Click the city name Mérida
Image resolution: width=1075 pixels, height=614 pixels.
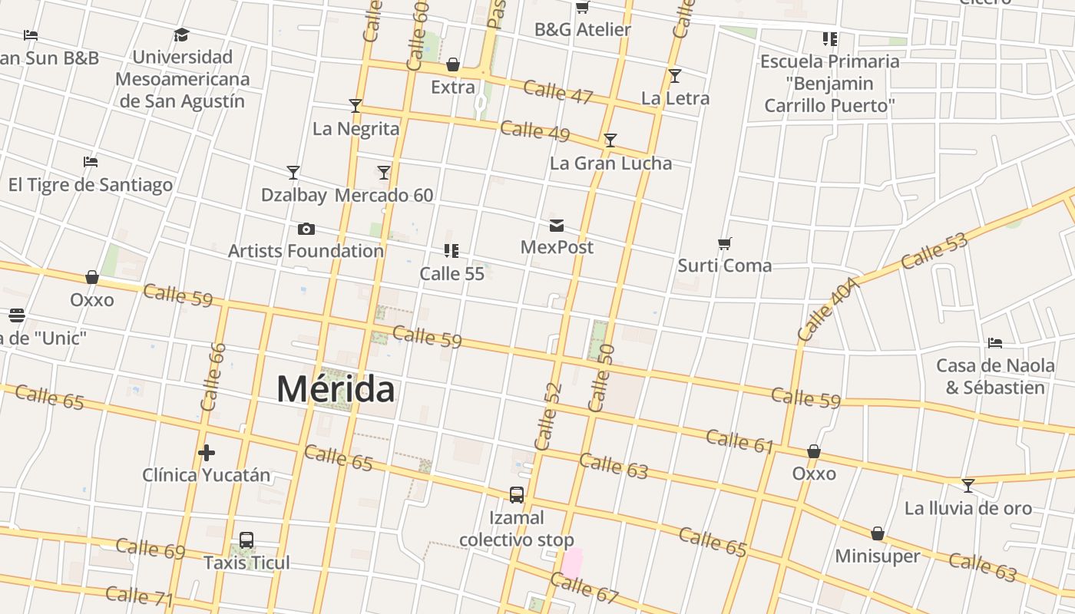click(x=336, y=389)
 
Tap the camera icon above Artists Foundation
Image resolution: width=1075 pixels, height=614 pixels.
click(x=306, y=229)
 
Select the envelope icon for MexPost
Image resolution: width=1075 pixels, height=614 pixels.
click(x=557, y=225)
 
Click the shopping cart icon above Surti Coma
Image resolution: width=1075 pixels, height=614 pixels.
click(x=725, y=243)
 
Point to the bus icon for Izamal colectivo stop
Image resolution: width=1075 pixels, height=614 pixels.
click(x=517, y=495)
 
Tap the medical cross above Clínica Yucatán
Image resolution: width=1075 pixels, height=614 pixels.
click(x=206, y=453)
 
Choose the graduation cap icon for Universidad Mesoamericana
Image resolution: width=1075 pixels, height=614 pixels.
click(x=181, y=35)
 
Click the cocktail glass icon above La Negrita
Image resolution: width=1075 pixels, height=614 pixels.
click(x=356, y=106)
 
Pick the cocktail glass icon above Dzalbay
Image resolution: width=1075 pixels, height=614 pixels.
click(x=293, y=172)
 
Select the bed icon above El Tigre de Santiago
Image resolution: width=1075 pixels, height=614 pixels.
click(x=91, y=162)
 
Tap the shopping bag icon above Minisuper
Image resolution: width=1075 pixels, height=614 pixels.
click(x=877, y=533)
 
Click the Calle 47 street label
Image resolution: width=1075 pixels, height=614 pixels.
click(x=558, y=91)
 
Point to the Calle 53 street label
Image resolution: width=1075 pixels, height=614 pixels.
click(x=934, y=251)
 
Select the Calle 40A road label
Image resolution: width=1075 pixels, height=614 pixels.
click(x=826, y=309)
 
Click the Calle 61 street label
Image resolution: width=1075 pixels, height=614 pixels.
click(x=739, y=441)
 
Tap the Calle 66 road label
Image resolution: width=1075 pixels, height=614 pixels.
click(x=213, y=376)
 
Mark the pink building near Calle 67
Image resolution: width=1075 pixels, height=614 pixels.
click(x=571, y=563)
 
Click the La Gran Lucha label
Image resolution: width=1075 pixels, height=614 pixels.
click(x=610, y=163)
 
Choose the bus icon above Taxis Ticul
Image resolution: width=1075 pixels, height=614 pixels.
click(x=246, y=540)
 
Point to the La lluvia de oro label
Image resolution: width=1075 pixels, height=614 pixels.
click(x=968, y=508)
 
